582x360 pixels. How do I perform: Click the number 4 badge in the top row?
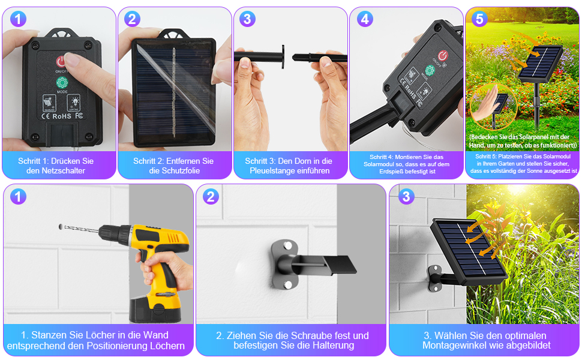click(365, 19)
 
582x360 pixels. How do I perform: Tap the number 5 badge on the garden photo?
click(479, 19)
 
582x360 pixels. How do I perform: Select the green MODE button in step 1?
click(62, 83)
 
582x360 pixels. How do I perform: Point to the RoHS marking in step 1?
click(62, 116)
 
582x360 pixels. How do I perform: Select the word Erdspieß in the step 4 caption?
click(388, 172)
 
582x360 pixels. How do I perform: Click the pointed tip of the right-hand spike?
click(293, 57)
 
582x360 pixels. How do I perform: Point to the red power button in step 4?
click(443, 56)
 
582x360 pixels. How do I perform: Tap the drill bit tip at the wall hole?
click(61, 226)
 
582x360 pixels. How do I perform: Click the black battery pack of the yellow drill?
click(155, 309)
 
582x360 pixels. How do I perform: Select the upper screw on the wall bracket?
click(287, 245)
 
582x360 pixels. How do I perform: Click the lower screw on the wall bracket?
click(287, 285)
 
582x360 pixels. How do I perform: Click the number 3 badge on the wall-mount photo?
click(406, 196)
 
